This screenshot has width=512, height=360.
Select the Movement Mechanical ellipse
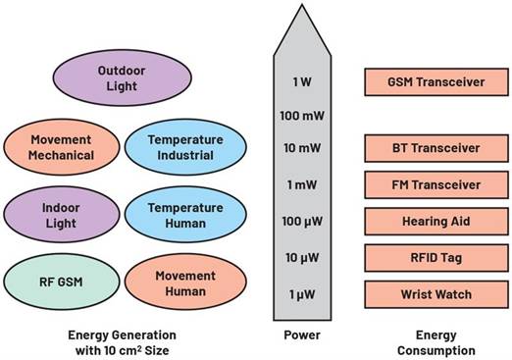coord(62,147)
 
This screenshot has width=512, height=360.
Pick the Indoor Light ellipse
coord(62,215)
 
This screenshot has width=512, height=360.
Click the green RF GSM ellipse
coord(62,283)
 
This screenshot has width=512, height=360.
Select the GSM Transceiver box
coord(435,82)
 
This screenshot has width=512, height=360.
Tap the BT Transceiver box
coord(435,148)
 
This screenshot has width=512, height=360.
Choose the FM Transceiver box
coord(435,184)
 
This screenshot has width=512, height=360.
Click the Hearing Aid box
coord(435,221)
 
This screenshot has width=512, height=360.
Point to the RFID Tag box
coord(435,258)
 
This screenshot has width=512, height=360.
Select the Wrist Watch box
coord(435,293)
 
